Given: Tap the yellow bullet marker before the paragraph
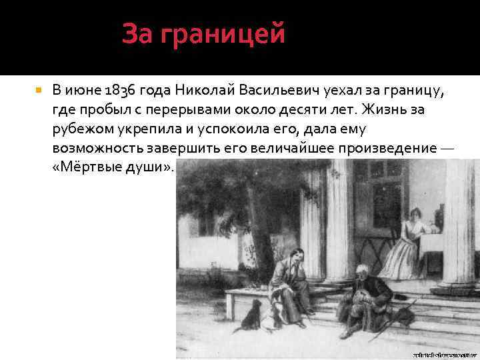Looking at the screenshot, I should (x=39, y=89).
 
